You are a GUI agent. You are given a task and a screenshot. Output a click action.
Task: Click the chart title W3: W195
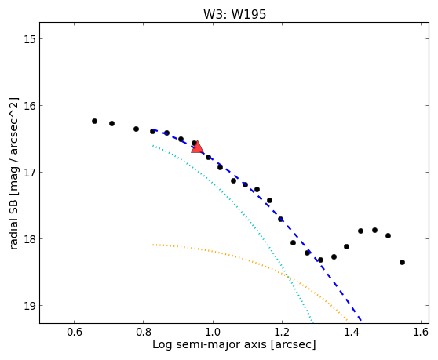(x=235, y=14)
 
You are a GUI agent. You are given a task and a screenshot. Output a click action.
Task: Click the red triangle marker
(x=197, y=147)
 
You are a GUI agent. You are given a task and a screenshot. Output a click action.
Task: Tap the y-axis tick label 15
(x=29, y=38)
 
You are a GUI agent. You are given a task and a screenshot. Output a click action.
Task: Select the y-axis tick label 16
(x=29, y=105)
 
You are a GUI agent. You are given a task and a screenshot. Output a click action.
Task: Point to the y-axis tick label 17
(x=29, y=173)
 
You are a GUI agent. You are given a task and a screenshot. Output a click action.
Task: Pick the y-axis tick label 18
(x=29, y=239)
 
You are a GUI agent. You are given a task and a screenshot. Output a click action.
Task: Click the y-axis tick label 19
(x=29, y=306)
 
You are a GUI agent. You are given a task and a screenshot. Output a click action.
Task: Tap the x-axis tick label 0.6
(x=74, y=332)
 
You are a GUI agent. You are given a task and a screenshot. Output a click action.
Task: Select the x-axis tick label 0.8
(x=144, y=332)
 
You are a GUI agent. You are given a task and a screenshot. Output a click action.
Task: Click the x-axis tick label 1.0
(x=213, y=332)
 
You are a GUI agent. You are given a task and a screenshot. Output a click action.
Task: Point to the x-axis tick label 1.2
(x=282, y=332)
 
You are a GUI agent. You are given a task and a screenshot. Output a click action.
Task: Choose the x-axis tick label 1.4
(x=352, y=332)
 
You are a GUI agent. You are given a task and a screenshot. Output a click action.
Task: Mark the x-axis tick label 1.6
(x=421, y=332)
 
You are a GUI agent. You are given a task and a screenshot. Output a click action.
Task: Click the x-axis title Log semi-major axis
(x=210, y=344)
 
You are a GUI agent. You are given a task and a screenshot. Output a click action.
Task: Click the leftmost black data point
(x=94, y=121)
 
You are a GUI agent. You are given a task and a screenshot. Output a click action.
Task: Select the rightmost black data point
(x=402, y=262)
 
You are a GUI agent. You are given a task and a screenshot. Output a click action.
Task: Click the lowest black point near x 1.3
(x=320, y=260)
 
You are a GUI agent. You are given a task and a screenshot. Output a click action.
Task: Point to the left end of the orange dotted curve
(x=153, y=245)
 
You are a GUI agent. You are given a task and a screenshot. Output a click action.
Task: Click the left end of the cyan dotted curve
(x=153, y=145)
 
